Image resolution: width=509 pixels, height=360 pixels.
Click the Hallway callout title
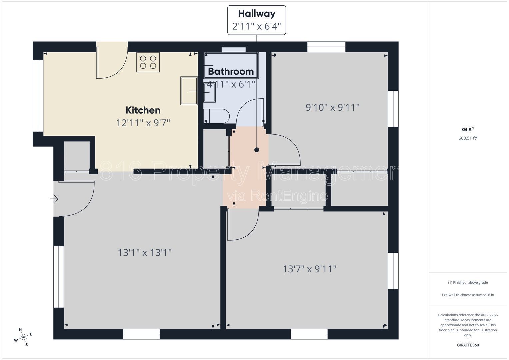[257, 14]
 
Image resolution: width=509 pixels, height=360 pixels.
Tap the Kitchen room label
[143, 110]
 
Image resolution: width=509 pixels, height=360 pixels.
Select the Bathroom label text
[231, 72]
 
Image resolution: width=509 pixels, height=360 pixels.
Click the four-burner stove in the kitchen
[148, 62]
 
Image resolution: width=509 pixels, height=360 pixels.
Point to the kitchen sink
[189, 91]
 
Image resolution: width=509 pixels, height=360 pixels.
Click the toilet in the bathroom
[217, 116]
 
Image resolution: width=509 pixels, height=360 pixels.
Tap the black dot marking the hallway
[257, 150]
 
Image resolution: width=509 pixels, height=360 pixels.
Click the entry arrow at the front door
[54, 199]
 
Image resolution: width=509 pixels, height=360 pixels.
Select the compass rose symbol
[23, 337]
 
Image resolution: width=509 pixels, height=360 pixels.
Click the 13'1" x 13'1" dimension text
[145, 253]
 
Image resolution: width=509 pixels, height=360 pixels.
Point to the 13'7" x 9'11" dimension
[309, 269]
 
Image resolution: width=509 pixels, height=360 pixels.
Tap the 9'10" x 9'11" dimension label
[332, 107]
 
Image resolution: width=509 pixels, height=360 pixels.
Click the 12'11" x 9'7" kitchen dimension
[143, 123]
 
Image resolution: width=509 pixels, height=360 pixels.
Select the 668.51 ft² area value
[468, 138]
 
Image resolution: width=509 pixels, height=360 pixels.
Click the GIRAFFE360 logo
[468, 345]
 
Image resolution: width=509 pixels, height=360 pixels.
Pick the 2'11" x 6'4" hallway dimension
[257, 26]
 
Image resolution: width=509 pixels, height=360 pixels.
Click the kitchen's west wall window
[38, 96]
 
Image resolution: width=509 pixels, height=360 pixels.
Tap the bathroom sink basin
[209, 93]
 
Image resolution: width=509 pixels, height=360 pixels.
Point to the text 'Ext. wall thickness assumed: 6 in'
[468, 295]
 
